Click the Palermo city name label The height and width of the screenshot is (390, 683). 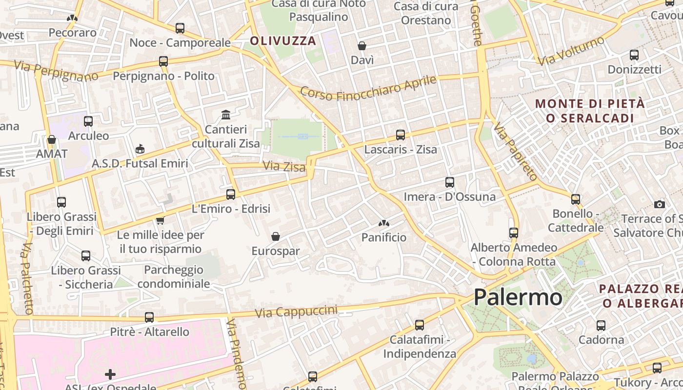[518, 297]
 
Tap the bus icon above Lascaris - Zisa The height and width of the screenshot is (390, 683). [401, 135]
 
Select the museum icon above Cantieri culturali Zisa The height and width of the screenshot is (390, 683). [226, 115]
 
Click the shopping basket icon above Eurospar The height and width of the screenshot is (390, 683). [276, 236]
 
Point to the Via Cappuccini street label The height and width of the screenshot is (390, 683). [296, 312]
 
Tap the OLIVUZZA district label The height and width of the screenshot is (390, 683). [283, 41]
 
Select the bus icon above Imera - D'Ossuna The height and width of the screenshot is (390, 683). [450, 182]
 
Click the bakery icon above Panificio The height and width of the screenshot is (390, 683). [384, 223]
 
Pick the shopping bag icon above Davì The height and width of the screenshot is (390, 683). [362, 46]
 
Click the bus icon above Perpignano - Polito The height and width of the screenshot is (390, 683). [163, 61]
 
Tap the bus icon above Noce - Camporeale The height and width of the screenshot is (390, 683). [180, 28]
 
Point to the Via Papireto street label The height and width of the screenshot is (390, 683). [515, 151]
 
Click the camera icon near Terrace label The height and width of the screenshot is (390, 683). [660, 204]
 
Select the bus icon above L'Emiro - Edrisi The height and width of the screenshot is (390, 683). [231, 195]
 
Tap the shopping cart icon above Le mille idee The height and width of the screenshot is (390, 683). [160, 221]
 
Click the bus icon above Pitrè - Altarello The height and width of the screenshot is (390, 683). [149, 317]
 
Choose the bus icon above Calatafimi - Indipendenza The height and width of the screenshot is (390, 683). [420, 325]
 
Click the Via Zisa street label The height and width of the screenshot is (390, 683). [284, 166]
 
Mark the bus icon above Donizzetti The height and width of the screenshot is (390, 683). [634, 55]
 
